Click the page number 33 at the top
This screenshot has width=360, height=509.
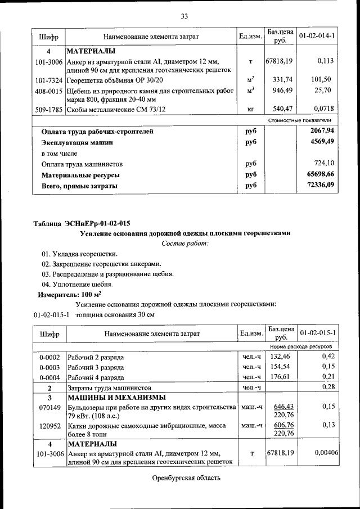184,15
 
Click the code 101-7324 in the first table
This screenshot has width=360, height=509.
48,80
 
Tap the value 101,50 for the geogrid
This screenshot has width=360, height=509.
323,79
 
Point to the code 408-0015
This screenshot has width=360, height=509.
48,91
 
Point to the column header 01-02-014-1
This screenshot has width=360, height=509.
317,37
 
